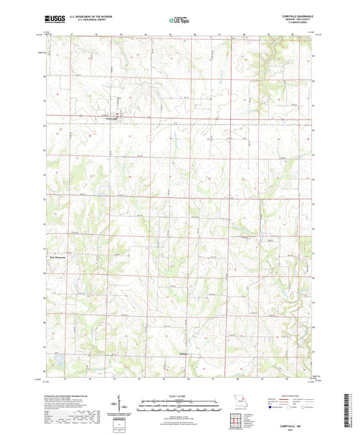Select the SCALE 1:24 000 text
(x=179, y=395)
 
